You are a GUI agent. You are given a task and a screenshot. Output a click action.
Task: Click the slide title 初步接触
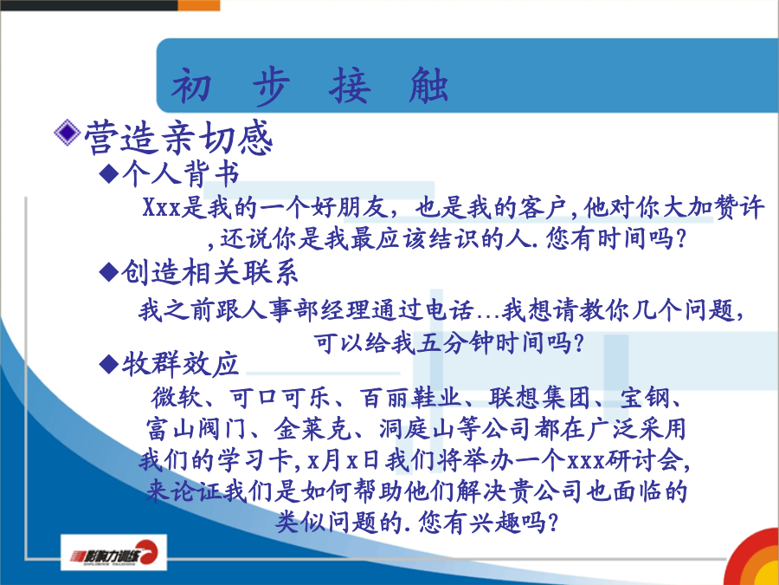point(310,86)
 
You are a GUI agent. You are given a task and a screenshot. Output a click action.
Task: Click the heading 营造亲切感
point(178,139)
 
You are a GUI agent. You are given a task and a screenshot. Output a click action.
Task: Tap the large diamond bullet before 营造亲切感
point(67,133)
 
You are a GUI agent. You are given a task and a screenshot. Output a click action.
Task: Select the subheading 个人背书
point(181,173)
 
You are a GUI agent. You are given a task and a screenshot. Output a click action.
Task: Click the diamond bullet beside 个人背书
point(109,173)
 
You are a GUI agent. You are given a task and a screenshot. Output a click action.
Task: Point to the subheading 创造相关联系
point(209,272)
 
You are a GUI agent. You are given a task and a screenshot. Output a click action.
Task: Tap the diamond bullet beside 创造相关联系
point(109,272)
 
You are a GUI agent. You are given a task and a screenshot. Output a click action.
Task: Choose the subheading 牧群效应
point(180,364)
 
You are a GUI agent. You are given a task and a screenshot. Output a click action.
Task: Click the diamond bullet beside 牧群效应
point(109,364)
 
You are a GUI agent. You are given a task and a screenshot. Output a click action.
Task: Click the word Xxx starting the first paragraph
point(162,207)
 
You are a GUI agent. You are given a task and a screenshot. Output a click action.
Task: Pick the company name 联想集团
point(540,398)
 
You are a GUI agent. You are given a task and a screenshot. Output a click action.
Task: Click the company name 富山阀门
point(196,429)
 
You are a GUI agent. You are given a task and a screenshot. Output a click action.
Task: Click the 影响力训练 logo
point(113,552)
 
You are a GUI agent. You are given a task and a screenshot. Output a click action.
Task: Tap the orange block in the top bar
point(199,5)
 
